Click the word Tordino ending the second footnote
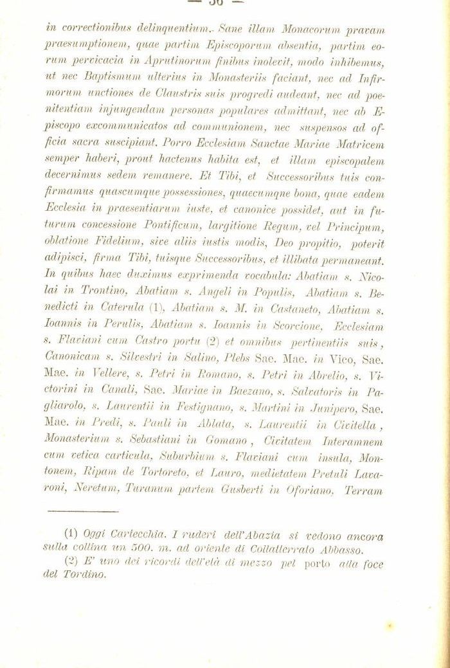87,575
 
